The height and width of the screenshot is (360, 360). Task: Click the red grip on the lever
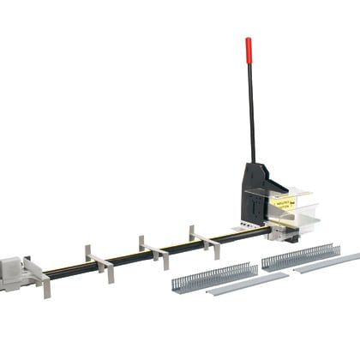click(x=249, y=48)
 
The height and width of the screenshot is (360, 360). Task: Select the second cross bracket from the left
click(x=97, y=261)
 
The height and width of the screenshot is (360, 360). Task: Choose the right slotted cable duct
click(x=300, y=256)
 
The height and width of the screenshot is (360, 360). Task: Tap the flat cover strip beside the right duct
click(x=330, y=264)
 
